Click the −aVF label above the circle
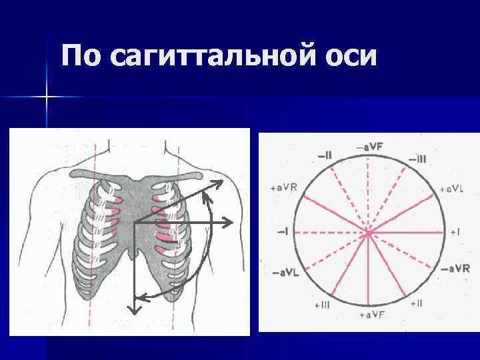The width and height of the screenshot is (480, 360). coord(369,145)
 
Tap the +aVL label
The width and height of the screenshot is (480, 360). coord(452,189)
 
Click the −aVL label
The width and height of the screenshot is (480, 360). coord(285,274)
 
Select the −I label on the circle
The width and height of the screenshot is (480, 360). coord(283,232)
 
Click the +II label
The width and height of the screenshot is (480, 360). coord(415,304)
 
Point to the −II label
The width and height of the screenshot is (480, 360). coord(325,155)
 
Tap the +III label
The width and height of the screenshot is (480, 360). coord(321,305)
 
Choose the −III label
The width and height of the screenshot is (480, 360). coord(417,159)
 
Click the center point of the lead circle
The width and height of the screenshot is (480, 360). coord(367,233)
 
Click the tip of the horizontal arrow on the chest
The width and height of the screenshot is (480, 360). coord(231,222)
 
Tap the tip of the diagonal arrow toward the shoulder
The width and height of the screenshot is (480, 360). coord(222,180)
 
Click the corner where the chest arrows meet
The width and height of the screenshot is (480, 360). coord(135,223)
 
